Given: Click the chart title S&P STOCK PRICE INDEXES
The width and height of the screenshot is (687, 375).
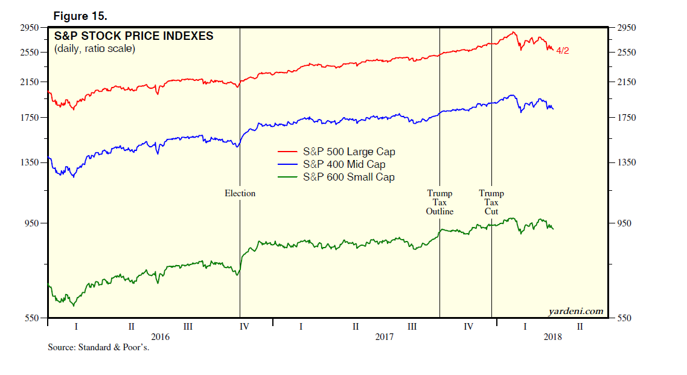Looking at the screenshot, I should [133, 36].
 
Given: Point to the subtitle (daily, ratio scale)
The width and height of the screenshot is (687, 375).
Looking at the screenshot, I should [95, 49].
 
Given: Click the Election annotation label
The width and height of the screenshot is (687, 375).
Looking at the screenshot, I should [240, 193].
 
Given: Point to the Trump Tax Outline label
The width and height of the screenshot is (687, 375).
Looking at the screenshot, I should [440, 202].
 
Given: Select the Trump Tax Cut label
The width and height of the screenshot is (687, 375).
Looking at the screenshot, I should [491, 202].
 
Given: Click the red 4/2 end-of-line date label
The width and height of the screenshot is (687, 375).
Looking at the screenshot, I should [562, 51].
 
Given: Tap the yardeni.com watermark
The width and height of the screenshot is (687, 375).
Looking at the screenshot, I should [575, 311].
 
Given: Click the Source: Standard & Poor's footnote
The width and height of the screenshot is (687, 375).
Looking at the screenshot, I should [98, 347].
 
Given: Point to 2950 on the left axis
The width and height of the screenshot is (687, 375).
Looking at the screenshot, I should [30, 27].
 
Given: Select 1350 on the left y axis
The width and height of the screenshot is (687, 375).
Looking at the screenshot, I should [30, 162].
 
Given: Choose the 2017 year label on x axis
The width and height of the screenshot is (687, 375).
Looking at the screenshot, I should [385, 337].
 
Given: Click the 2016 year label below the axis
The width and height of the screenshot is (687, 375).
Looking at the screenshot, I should [160, 337].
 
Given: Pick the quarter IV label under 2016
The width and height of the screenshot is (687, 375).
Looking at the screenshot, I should [244, 327].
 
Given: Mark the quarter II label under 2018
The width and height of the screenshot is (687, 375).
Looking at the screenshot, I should [580, 327].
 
